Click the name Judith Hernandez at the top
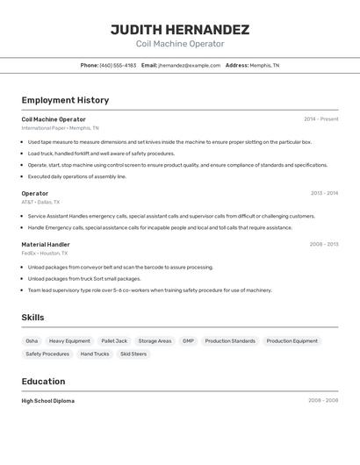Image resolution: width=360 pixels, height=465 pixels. coord(180,29)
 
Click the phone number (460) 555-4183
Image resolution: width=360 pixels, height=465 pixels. coord(118,65)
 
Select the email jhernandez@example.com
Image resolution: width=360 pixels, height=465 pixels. coord(190,65)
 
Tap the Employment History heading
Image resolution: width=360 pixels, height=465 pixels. coord(65,100)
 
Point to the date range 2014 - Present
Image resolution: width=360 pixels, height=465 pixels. coord(320,119)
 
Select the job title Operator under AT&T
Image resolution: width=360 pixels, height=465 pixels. coord(35,193)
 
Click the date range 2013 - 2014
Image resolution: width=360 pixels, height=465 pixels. coord(324,193)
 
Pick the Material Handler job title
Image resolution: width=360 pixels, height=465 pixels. coord(46,244)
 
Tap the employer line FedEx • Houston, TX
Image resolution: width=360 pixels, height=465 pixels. coord(45,253)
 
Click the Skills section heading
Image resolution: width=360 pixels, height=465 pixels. coord(33,317)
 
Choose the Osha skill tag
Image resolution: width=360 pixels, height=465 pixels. coord(32,340)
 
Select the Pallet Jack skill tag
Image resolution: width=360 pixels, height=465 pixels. coord(114,340)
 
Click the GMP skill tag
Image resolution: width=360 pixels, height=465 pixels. coord(188,340)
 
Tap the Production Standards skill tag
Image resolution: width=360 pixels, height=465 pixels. coord(230,340)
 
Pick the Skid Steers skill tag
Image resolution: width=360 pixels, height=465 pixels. coord(133,354)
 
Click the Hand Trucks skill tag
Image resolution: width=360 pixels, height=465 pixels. coord(95,354)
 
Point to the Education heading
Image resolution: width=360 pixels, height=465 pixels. coord(43,381)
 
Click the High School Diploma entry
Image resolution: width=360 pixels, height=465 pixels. coord(48,400)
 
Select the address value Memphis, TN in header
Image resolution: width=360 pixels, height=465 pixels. coord(264,65)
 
